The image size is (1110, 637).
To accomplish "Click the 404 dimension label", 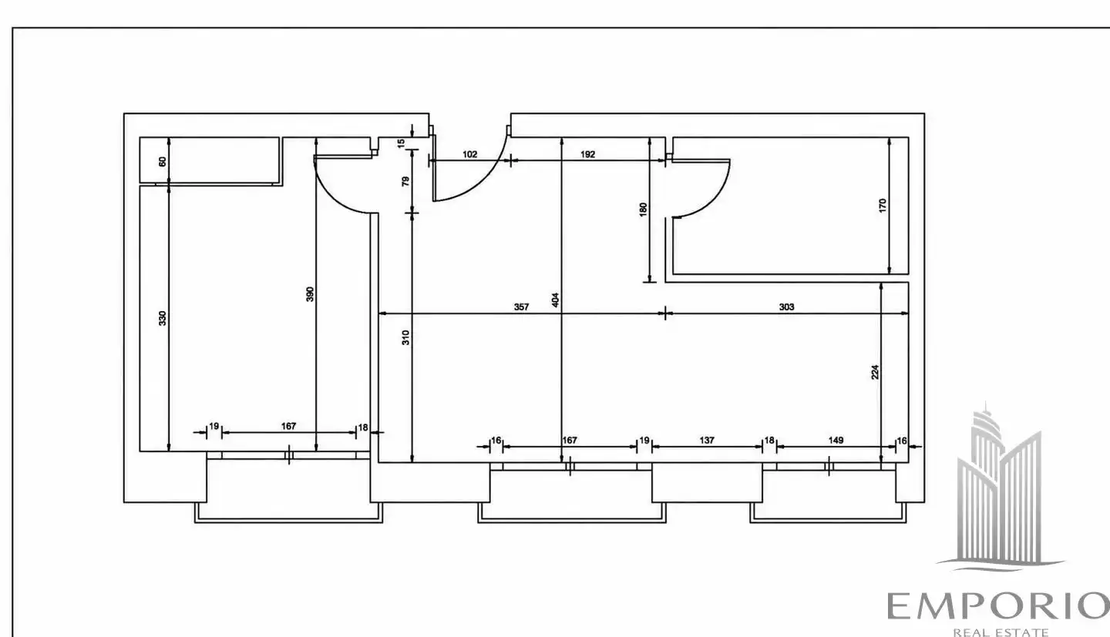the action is [556, 300].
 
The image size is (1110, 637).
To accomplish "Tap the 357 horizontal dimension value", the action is [521, 307].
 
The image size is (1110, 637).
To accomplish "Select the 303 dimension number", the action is [786, 307].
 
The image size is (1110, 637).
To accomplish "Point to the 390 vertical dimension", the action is [310, 293].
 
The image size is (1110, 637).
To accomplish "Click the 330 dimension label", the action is [163, 318].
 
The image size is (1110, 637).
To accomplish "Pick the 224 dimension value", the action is [875, 372].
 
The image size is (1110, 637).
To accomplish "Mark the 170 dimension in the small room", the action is [883, 206].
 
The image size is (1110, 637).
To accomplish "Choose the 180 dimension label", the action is [643, 210].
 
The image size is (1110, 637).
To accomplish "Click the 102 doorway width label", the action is [469, 155].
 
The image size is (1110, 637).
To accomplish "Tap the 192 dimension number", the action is [587, 155].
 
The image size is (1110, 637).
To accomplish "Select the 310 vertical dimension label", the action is [405, 337].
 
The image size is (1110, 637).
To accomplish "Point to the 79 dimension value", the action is [405, 181].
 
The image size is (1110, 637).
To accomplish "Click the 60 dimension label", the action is [163, 162].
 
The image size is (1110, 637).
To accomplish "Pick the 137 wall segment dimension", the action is [707, 440].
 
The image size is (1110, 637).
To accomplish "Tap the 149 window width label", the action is [836, 440].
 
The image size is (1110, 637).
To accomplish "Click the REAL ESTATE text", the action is [1001, 632].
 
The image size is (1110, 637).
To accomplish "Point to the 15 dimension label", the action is [401, 143].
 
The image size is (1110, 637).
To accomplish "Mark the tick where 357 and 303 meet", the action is [665, 313].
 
